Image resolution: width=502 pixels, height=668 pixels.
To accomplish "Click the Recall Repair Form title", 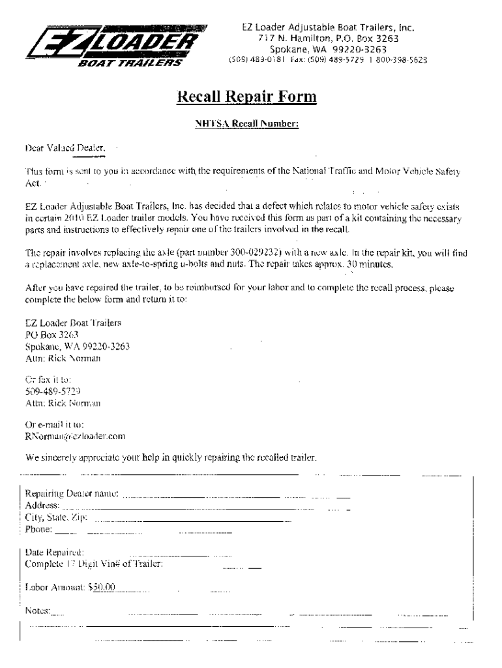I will tap(247, 97).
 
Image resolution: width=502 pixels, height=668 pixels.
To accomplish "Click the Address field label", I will tap(43, 506).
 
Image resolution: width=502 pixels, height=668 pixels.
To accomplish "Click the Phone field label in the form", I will tap(39, 529).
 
